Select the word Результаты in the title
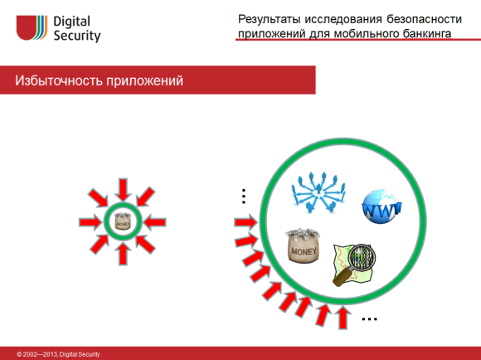point(271,19)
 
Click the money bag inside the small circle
point(123,221)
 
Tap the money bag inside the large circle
point(305,246)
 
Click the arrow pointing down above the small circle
point(123,187)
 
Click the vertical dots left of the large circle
point(243,196)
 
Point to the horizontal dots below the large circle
point(370,319)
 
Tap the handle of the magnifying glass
point(341,280)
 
